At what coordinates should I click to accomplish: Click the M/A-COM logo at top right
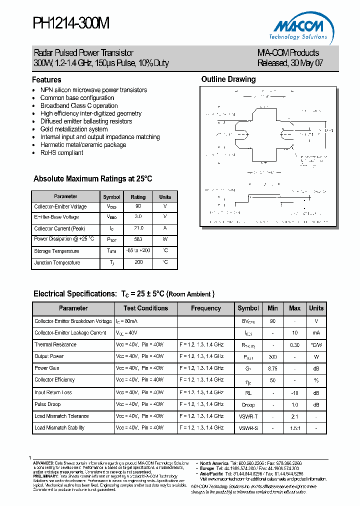tap(300, 28)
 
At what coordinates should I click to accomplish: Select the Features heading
tap(46, 80)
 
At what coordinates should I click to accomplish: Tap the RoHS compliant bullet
tap(61, 153)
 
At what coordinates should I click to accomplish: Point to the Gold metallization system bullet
tap(74, 129)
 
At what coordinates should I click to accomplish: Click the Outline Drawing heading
tap(228, 79)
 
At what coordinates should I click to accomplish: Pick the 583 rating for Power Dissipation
tap(138, 239)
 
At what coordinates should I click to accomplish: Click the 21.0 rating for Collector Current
tap(138, 228)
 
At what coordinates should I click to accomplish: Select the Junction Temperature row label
tap(57, 262)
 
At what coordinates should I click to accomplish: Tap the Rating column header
tap(138, 197)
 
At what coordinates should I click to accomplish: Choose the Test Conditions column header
tap(145, 308)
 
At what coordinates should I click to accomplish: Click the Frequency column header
tap(205, 308)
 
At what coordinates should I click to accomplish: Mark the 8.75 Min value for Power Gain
tap(272, 368)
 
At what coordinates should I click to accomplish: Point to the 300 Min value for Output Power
tap(272, 356)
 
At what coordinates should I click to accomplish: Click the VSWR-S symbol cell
tap(248, 428)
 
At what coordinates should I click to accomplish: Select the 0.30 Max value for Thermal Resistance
tap(294, 345)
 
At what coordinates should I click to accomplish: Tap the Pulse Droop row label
tap(47, 404)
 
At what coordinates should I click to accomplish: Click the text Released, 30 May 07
tap(287, 63)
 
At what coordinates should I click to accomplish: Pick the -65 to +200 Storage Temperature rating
tap(138, 250)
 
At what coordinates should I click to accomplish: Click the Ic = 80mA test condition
tap(127, 321)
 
